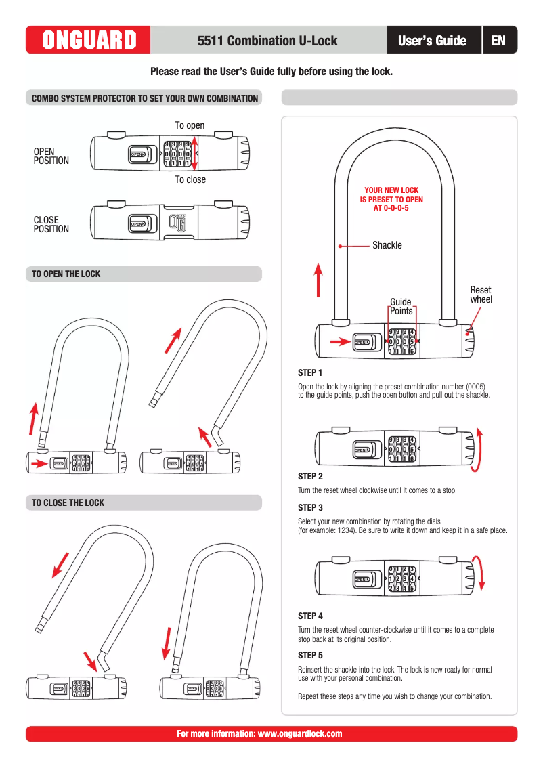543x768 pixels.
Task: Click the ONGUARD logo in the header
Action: point(89,41)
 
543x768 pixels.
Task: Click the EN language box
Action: point(498,41)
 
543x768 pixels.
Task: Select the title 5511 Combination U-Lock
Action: point(267,41)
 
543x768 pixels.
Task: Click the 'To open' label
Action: point(190,125)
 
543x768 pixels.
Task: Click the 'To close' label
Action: point(190,179)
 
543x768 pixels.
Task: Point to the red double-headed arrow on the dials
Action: point(195,153)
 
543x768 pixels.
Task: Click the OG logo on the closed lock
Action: point(176,222)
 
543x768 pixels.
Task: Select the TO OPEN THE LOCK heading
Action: point(66,274)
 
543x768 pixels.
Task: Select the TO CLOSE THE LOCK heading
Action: point(68,503)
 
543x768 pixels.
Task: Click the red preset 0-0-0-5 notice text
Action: point(391,199)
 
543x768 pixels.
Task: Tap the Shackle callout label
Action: point(387,245)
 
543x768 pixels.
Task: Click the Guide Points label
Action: point(401,306)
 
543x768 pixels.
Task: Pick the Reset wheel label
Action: point(481,295)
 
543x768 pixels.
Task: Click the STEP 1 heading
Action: point(310,373)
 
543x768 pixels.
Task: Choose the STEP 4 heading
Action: point(310,616)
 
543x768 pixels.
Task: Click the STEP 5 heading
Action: point(310,656)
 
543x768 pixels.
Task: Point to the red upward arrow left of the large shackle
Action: point(318,280)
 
